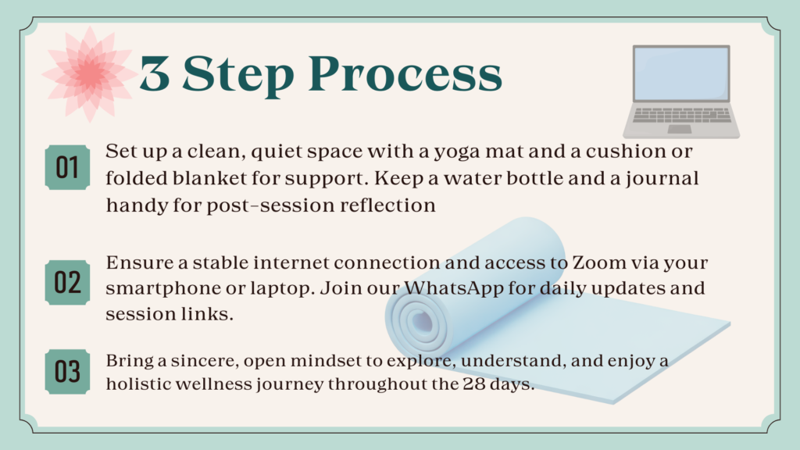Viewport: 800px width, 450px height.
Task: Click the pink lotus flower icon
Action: [89, 74]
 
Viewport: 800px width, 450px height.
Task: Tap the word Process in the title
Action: [405, 74]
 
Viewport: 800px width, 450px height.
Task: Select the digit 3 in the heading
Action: [154, 73]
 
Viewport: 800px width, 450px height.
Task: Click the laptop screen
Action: [681, 73]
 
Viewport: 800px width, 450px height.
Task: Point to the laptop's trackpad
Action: [679, 129]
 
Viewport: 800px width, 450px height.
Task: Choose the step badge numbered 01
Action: [67, 167]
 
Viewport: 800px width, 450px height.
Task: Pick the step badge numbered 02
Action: [67, 282]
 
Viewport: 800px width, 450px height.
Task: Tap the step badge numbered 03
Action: [67, 371]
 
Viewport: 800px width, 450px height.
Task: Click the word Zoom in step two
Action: [599, 262]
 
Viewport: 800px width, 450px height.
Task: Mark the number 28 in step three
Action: [474, 384]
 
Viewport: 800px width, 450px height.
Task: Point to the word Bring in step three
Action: [130, 361]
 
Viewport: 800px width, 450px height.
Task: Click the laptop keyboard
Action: [681, 115]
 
